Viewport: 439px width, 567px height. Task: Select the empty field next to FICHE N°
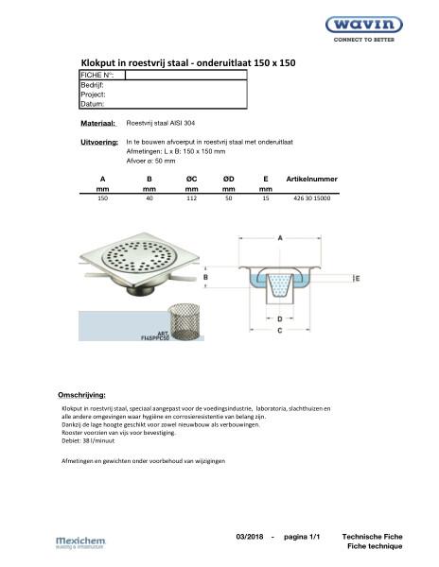click(184, 75)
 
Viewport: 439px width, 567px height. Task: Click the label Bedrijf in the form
click(93, 85)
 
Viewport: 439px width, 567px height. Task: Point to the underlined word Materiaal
click(98, 124)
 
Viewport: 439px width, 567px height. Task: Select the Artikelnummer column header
click(311, 178)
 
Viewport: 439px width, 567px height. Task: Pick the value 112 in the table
click(191, 199)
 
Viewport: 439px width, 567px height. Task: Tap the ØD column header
click(229, 178)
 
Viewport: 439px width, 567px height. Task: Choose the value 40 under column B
click(149, 199)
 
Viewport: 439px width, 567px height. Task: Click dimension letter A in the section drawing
click(280, 241)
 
